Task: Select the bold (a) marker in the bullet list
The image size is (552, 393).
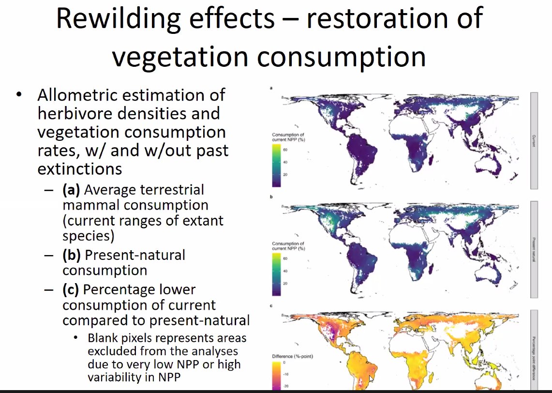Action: pyautogui.click(x=71, y=190)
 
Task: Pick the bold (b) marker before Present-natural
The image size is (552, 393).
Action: pyautogui.click(x=71, y=255)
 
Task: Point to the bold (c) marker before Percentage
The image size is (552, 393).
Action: pyautogui.click(x=71, y=289)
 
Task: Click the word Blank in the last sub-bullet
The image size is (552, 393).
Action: pyautogui.click(x=104, y=338)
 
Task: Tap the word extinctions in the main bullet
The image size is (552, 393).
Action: pyautogui.click(x=79, y=169)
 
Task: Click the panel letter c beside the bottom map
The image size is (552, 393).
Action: pyautogui.click(x=271, y=306)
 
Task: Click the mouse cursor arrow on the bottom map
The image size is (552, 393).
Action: pyautogui.click(x=371, y=379)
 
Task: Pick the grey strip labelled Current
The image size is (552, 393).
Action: pyautogui.click(x=534, y=140)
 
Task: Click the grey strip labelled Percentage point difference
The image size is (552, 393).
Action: pyautogui.click(x=534, y=348)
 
